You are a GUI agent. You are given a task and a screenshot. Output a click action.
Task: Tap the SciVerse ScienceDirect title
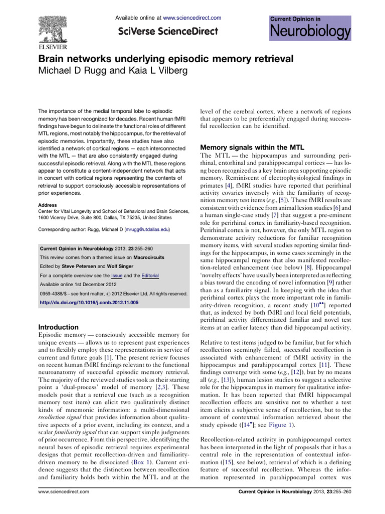coord(168,31)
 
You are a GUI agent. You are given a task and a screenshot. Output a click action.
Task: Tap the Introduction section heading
coord(61,327)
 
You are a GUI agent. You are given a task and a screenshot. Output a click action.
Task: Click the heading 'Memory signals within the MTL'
coord(248,148)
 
